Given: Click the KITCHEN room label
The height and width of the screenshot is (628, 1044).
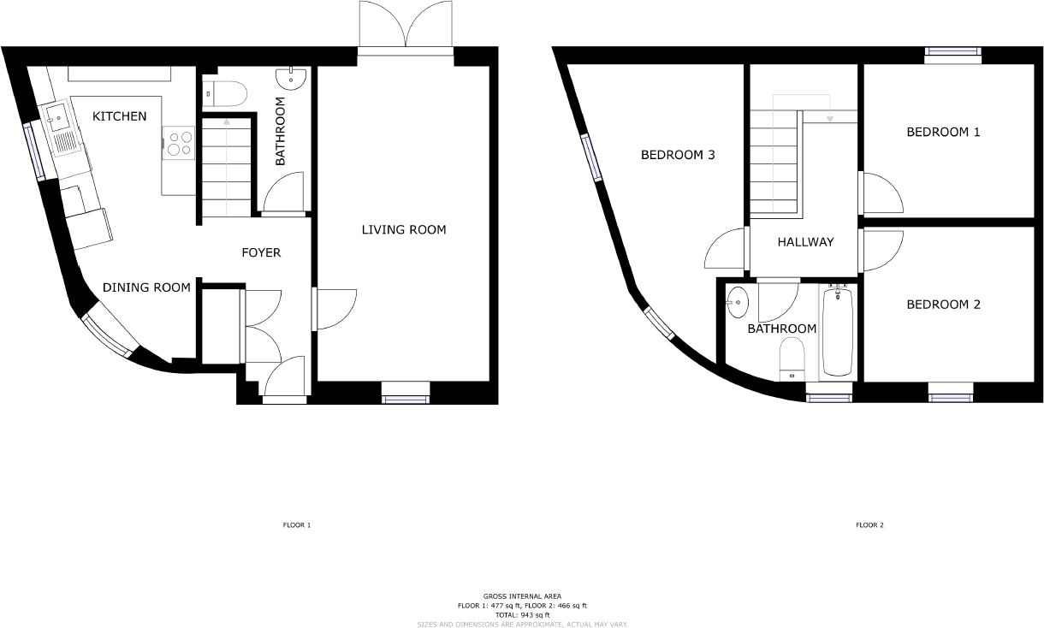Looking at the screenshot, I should (120, 116).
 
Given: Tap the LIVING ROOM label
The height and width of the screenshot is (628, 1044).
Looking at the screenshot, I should (404, 229).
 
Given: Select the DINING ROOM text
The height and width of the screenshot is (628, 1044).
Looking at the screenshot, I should (146, 287).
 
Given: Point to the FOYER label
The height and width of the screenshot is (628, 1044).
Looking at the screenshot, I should (261, 252).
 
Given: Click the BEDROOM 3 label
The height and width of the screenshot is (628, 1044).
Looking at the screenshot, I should (678, 155).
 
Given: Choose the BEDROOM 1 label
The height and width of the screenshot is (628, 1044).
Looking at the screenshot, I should (944, 133).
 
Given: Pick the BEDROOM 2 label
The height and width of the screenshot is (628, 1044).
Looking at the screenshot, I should (944, 305).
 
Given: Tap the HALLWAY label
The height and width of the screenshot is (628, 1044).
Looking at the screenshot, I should (805, 242).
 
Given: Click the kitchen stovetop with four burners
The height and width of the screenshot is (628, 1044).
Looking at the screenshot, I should (180, 143).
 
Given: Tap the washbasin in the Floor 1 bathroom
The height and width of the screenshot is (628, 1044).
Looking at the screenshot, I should (292, 78).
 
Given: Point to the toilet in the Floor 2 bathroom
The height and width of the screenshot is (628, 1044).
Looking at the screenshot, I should (792, 358).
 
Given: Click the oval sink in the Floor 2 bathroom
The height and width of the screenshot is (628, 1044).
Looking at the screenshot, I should (738, 302).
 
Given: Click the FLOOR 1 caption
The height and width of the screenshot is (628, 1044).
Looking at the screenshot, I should (297, 524).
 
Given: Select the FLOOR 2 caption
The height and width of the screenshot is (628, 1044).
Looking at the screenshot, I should (869, 524).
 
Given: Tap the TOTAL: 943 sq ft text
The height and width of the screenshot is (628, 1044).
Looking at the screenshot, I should (522, 615).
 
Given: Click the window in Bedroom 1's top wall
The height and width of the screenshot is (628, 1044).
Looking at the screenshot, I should (952, 53).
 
